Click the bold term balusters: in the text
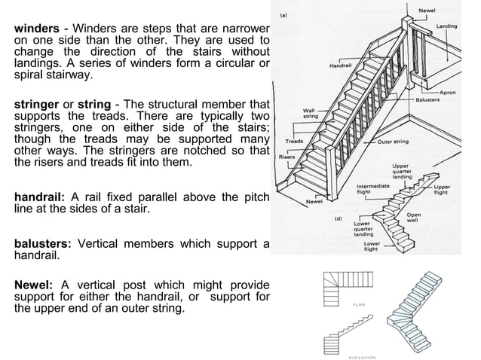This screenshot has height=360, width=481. (x=42, y=244)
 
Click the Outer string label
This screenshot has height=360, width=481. (x=392, y=142)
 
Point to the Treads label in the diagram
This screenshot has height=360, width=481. (x=295, y=141)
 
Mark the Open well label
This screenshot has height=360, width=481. (x=413, y=217)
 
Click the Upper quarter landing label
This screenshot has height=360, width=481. (x=402, y=172)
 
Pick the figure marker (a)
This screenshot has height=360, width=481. (x=283, y=14)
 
